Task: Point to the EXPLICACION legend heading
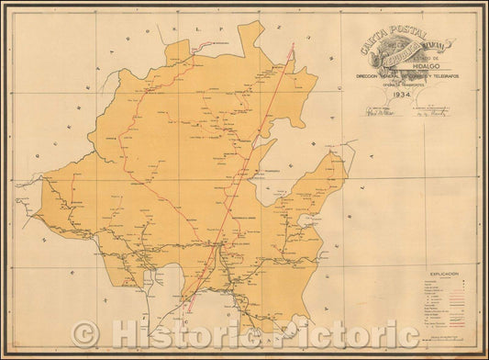(430, 274)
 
